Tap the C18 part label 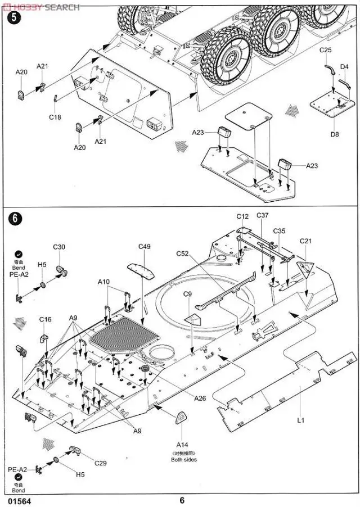[x=55, y=117]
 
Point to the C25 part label [x=326, y=51]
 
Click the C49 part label [x=145, y=246]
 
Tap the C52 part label [x=182, y=254]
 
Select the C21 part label [x=305, y=241]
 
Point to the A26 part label [x=200, y=399]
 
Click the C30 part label [x=60, y=247]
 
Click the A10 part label [x=103, y=281]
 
